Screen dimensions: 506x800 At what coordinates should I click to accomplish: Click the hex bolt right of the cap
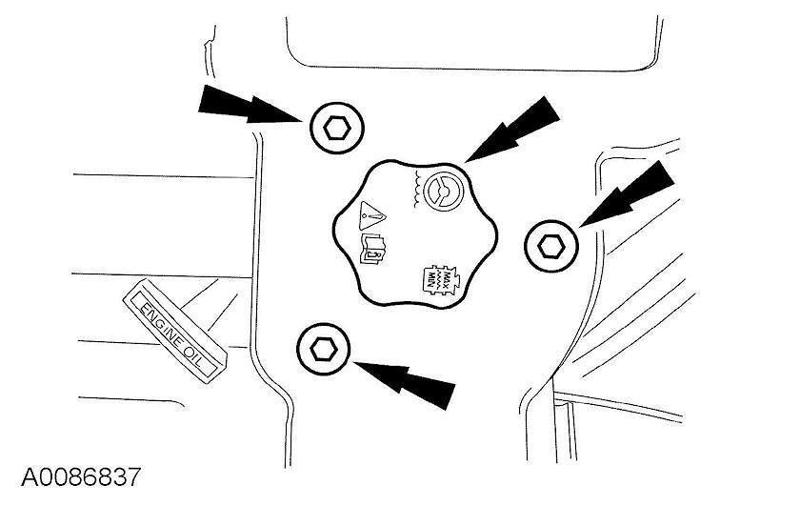pyautogui.click(x=550, y=246)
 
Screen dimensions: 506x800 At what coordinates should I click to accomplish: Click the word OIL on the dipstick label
pyautogui.click(x=205, y=347)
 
